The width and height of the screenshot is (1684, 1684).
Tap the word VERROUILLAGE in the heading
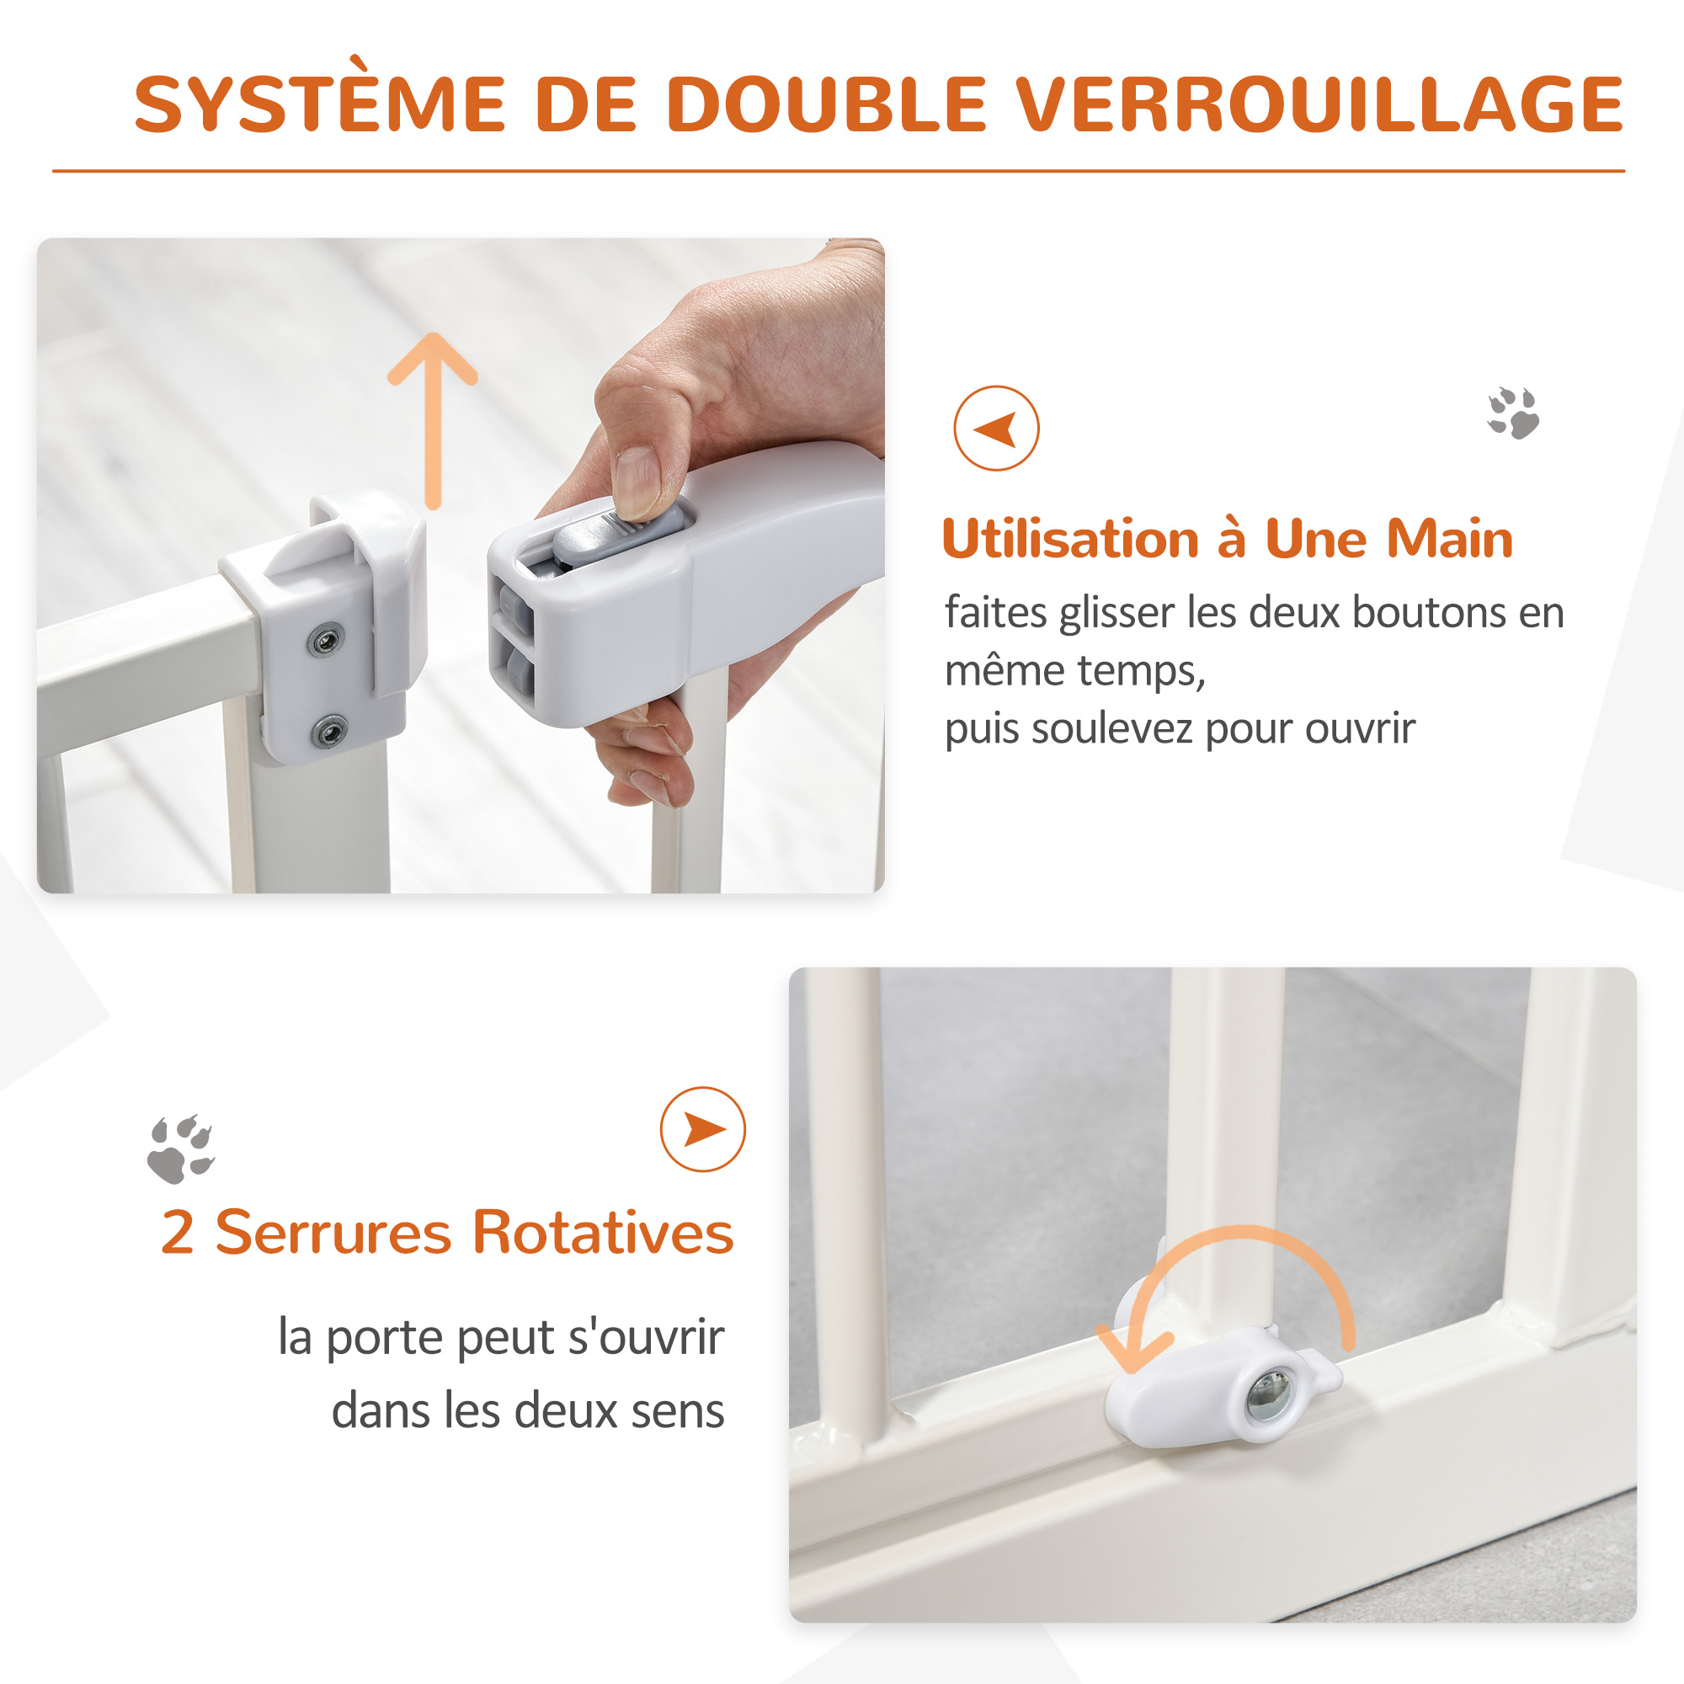pos(1320,104)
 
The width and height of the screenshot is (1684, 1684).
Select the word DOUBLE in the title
pos(826,104)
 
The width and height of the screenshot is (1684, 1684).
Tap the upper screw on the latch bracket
pos(325,642)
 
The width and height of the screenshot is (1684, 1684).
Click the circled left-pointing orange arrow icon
pos(996,429)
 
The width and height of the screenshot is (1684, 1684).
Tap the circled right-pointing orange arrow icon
pos(702,1130)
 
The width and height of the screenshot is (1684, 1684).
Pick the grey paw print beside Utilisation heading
pos(1513,413)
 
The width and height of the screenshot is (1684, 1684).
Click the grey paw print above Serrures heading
pos(180,1148)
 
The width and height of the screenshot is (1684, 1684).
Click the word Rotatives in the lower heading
pos(603,1233)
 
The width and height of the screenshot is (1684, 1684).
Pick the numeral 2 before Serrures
pos(178,1234)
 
